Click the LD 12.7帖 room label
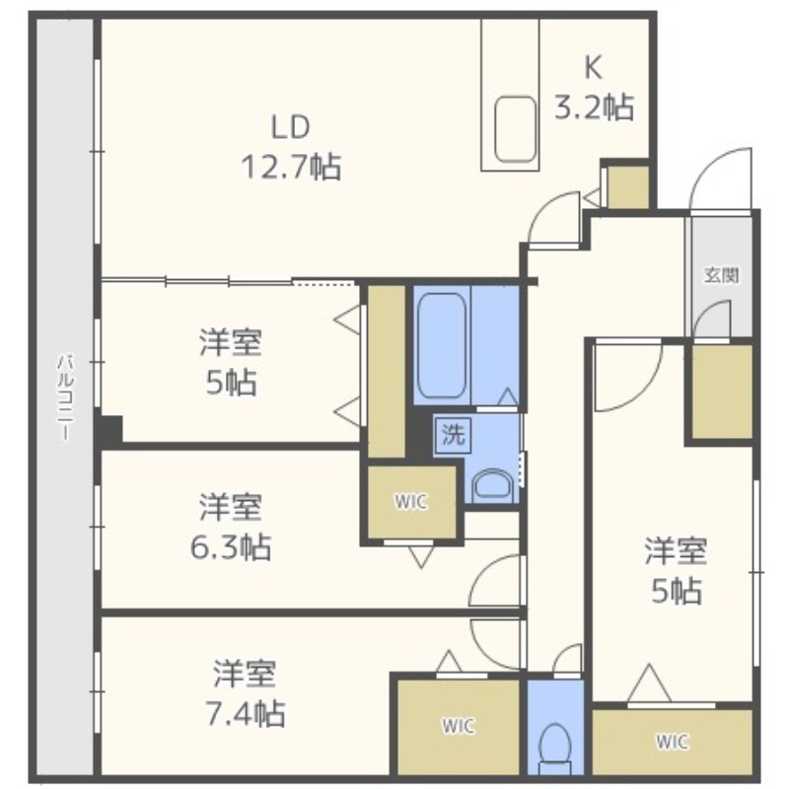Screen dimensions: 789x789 pyautogui.click(x=291, y=147)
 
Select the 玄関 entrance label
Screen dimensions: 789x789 pyautogui.click(x=721, y=276)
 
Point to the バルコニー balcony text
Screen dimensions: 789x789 pyautogui.click(x=64, y=397)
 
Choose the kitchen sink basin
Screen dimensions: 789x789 pyautogui.click(x=515, y=129)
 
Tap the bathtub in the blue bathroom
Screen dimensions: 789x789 pyautogui.click(x=442, y=345)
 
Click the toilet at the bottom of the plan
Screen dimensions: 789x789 pyautogui.click(x=555, y=746)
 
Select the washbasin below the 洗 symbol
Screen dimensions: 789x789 pyautogui.click(x=492, y=485)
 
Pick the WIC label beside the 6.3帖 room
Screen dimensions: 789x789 pyautogui.click(x=411, y=502)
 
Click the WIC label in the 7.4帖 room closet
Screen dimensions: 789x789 pyautogui.click(x=459, y=726)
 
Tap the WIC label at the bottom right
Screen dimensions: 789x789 pyautogui.click(x=672, y=742)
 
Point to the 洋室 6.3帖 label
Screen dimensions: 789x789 pyautogui.click(x=231, y=527)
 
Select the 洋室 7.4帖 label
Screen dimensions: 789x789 pyautogui.click(x=245, y=693)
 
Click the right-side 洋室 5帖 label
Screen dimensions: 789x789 pyautogui.click(x=677, y=570)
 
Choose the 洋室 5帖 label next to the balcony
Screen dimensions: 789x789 pyautogui.click(x=231, y=362)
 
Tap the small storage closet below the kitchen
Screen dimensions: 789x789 pyautogui.click(x=628, y=186)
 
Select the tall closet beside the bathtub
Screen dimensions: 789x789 pyautogui.click(x=387, y=372)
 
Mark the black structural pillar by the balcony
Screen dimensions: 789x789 pyautogui.click(x=110, y=429)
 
